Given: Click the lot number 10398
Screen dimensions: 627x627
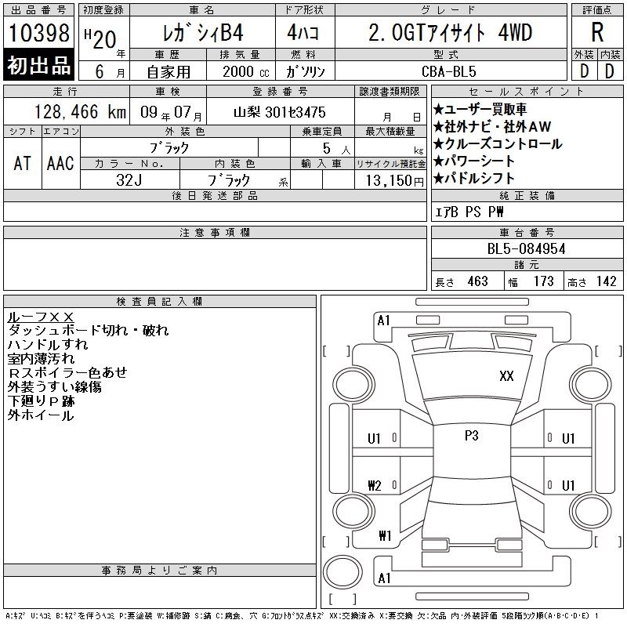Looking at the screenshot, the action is coord(38,33).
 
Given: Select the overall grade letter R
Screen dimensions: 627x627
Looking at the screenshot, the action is coord(597,32).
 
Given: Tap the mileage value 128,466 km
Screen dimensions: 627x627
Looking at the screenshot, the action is coord(80,111).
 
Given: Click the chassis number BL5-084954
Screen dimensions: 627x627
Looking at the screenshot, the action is coord(526,248).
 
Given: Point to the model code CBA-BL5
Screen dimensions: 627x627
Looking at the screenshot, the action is coord(449,71).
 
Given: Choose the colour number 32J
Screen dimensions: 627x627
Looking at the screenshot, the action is coord(129,180).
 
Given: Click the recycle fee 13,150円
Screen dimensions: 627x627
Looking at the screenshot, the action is coord(394,180).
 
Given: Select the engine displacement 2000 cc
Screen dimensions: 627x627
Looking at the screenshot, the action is coord(246,71).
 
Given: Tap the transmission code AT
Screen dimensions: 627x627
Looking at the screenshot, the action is coord(22,163).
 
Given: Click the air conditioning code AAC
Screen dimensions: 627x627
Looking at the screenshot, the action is coord(60,163).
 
